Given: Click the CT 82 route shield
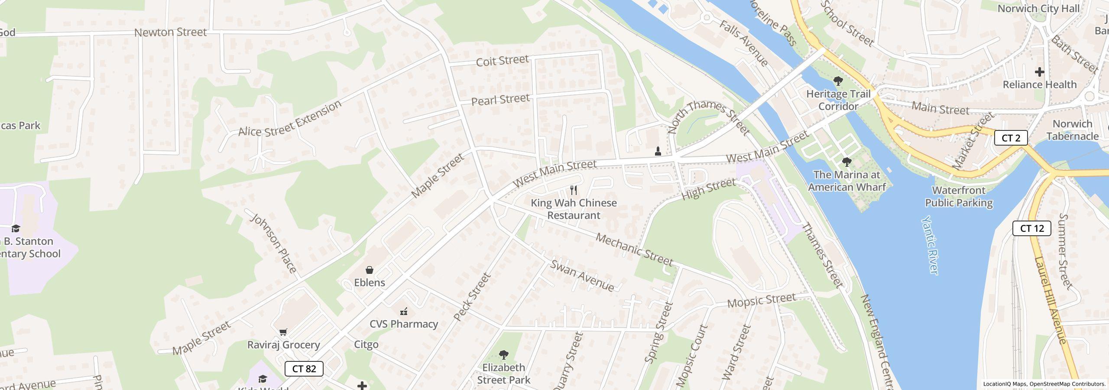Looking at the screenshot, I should click(x=304, y=369).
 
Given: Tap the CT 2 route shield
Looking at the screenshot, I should click(x=1011, y=138).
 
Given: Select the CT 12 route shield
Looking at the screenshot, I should click(x=1031, y=228).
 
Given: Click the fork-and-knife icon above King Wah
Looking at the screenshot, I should click(x=574, y=190).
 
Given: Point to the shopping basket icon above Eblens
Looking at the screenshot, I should click(x=370, y=270).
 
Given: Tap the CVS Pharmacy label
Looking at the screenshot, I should click(x=403, y=324).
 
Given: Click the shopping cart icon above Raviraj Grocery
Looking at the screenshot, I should click(x=283, y=332).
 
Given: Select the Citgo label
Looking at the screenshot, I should click(x=366, y=344).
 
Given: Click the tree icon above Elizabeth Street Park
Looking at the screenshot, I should click(x=503, y=355).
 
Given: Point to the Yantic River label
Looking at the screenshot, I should click(x=930, y=245).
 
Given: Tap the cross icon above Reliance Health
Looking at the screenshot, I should click(x=1039, y=72).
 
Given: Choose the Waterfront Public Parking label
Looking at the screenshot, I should click(x=959, y=196).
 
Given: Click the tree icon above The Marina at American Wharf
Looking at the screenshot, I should click(x=846, y=162).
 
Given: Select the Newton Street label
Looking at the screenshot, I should click(x=170, y=32).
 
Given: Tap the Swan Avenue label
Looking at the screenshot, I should click(x=582, y=276).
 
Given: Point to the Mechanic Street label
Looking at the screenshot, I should click(x=634, y=250).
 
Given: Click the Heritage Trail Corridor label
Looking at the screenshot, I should click(x=838, y=100).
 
